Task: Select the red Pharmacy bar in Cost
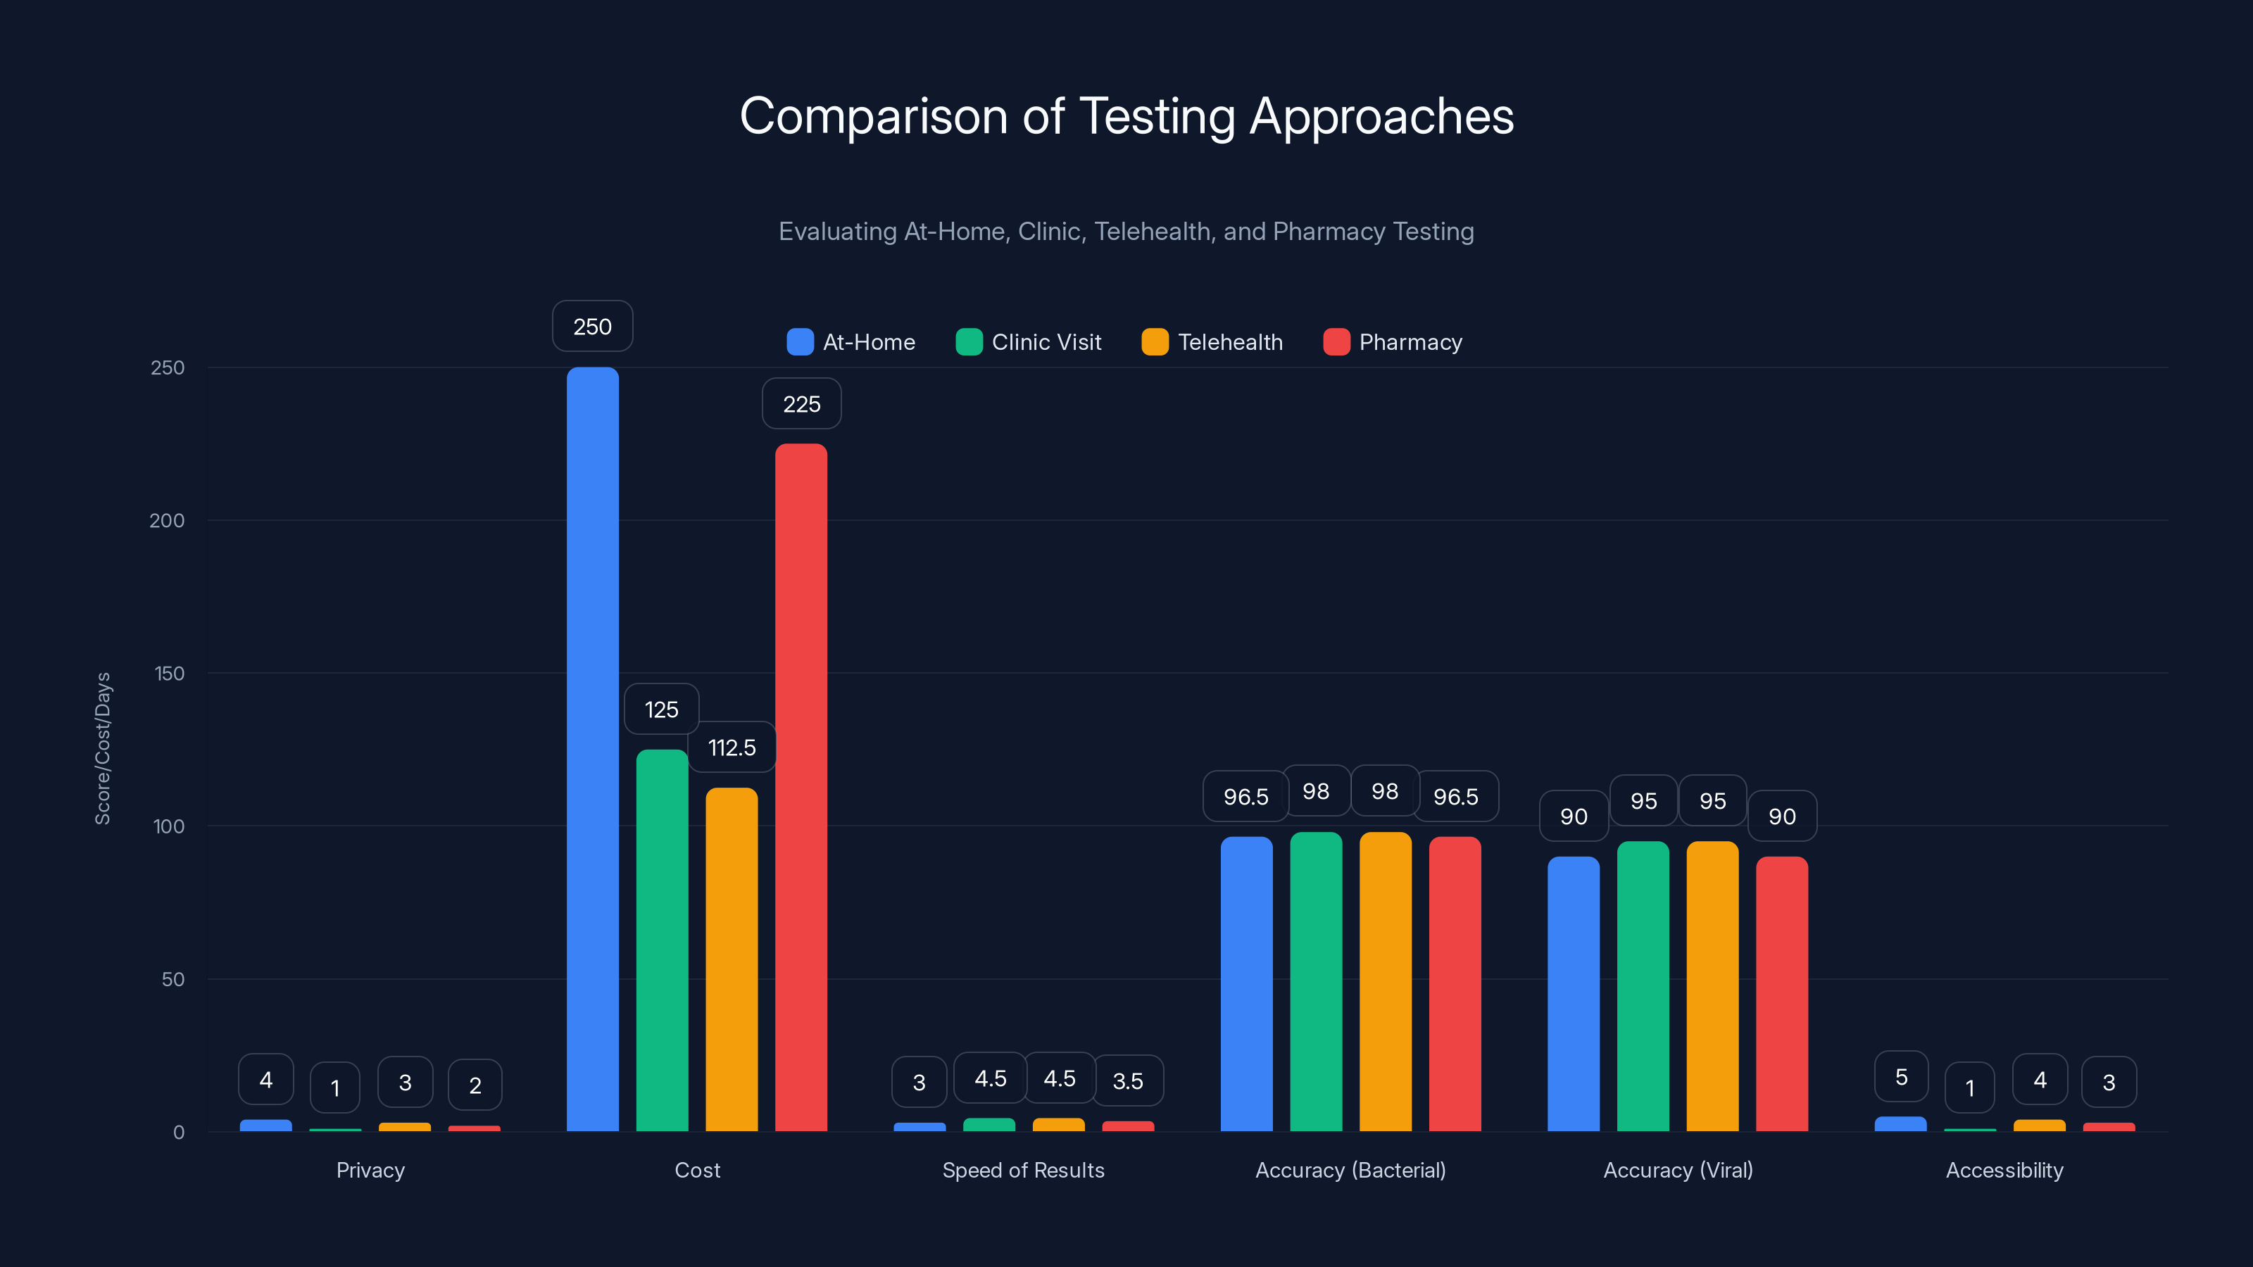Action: pyautogui.click(x=801, y=787)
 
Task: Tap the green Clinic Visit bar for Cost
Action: pyautogui.click(x=661, y=940)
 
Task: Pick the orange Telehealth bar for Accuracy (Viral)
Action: pyautogui.click(x=1712, y=985)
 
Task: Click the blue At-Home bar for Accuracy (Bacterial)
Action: pyautogui.click(x=1245, y=984)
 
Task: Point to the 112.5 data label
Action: pyautogui.click(x=732, y=748)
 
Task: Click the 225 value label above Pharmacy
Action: pyautogui.click(x=801, y=404)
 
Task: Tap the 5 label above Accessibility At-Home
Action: pyautogui.click(x=1900, y=1076)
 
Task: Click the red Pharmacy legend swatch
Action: pyautogui.click(x=1336, y=342)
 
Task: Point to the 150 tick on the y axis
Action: pyautogui.click(x=169, y=674)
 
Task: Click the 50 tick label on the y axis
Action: pyautogui.click(x=172, y=979)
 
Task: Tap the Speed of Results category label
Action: pyautogui.click(x=1022, y=1170)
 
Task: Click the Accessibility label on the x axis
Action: pyautogui.click(x=2004, y=1170)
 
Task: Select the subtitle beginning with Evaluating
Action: pyautogui.click(x=1126, y=231)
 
